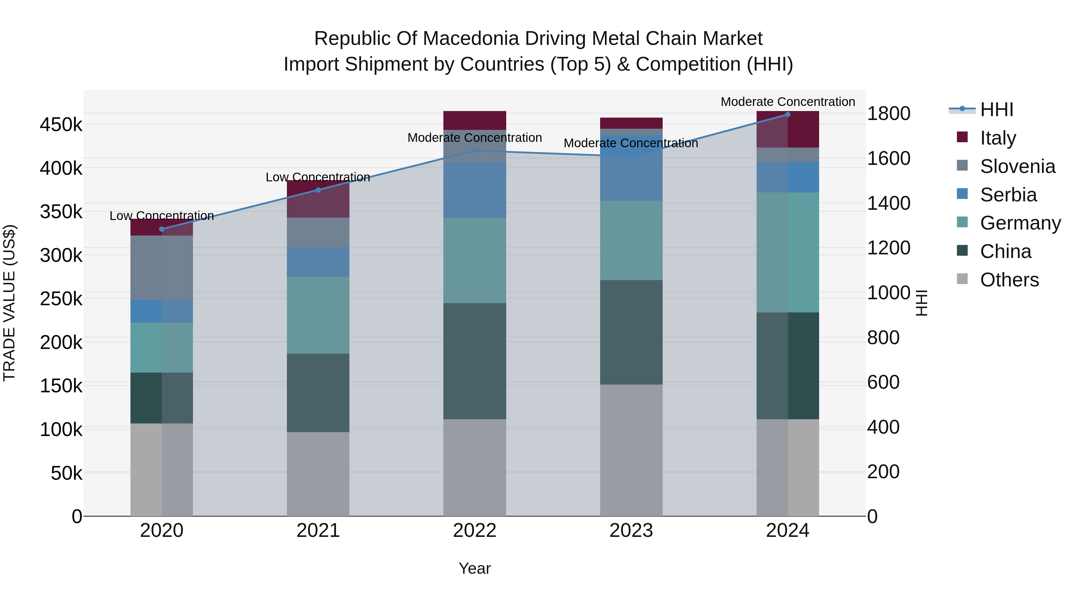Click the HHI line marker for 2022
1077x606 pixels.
[474, 151]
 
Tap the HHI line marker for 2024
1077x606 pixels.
[788, 115]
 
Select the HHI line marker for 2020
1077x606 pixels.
[162, 229]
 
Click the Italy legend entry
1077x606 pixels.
[997, 138]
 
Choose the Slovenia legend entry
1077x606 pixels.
[1017, 166]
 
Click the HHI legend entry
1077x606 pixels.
[996, 110]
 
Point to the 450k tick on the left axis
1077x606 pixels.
[61, 124]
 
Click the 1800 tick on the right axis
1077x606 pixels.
[889, 113]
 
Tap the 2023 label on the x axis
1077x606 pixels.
[631, 531]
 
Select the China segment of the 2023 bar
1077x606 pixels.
[631, 332]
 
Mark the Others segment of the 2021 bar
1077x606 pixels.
[318, 474]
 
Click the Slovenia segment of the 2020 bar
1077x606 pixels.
[162, 268]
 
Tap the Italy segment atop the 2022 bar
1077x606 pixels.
[474, 120]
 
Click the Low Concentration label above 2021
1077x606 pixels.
[318, 177]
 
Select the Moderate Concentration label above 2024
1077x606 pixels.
[788, 102]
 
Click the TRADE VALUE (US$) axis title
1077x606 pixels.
[10, 303]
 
